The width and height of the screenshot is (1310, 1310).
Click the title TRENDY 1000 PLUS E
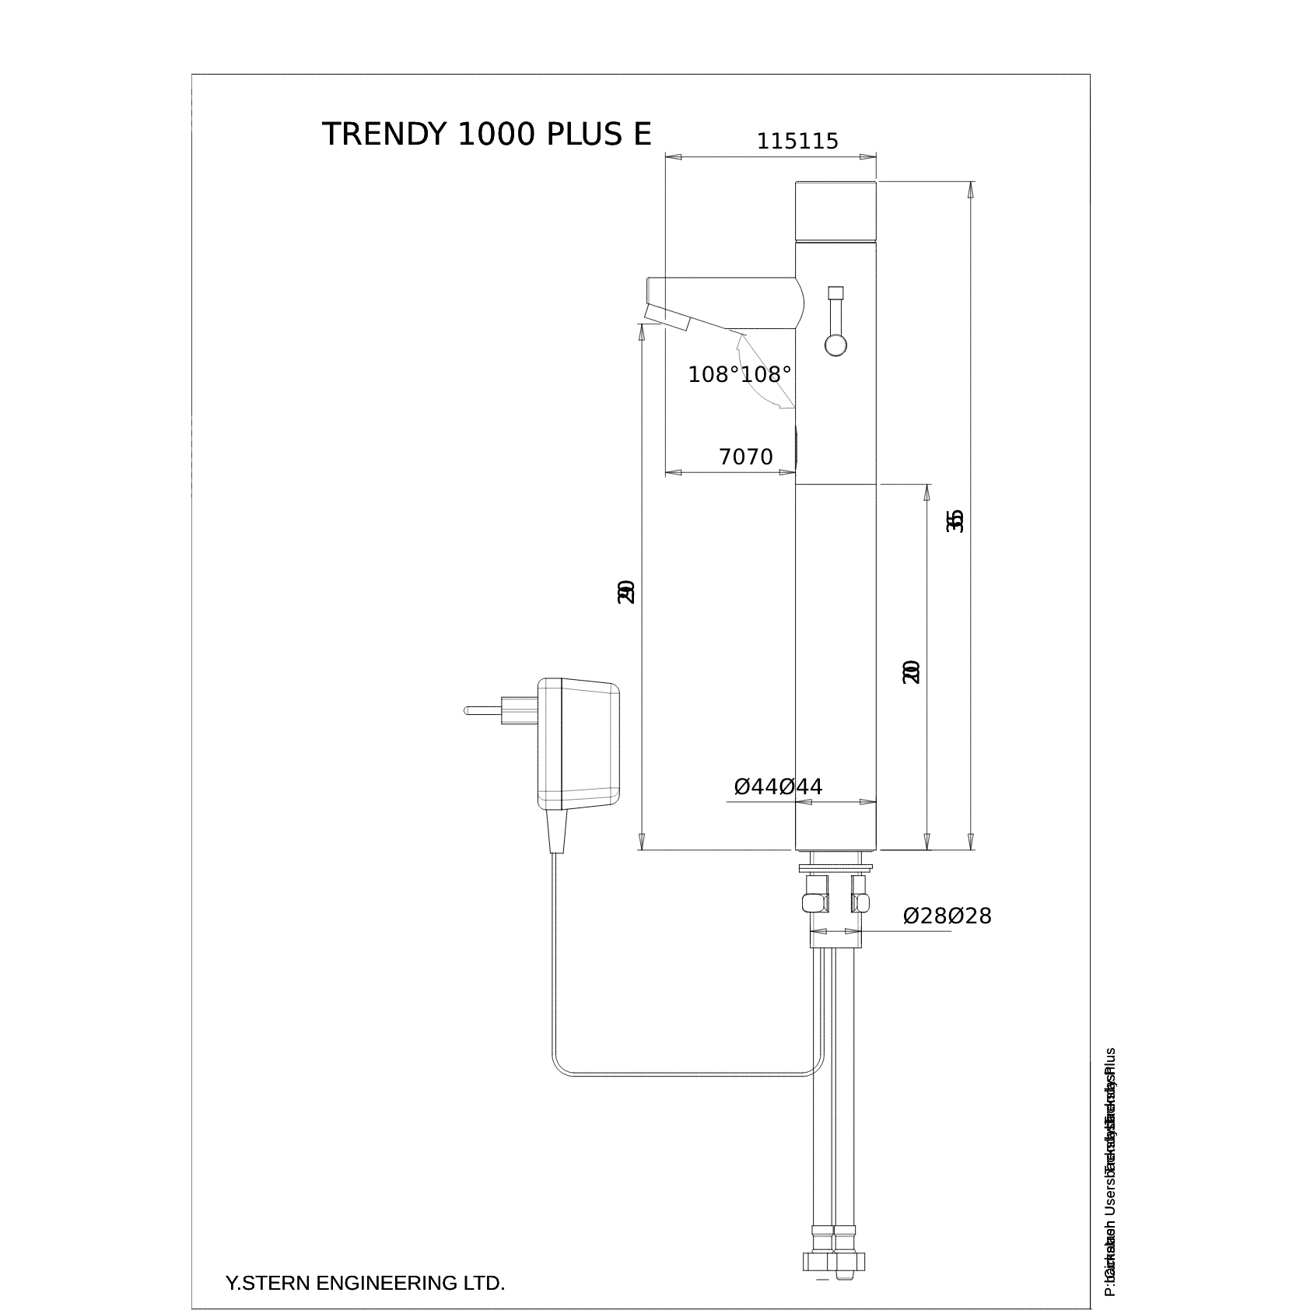pos(486,134)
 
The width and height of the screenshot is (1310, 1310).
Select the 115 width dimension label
pos(797,142)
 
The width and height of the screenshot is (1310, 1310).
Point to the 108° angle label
pos(739,374)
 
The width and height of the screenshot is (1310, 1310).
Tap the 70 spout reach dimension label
pos(745,457)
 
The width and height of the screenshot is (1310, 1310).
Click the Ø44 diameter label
pos(778,786)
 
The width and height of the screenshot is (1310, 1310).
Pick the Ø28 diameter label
pos(947,916)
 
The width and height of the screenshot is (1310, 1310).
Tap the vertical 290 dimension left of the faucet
pos(626,591)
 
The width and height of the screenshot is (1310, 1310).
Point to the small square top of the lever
pos(836,292)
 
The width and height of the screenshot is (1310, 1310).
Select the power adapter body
pos(579,744)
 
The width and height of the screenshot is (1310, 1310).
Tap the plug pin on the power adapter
pos(482,710)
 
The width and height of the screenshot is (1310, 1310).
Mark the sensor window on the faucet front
pos(797,447)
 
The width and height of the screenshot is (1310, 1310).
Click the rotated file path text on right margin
pos(1110,1175)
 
